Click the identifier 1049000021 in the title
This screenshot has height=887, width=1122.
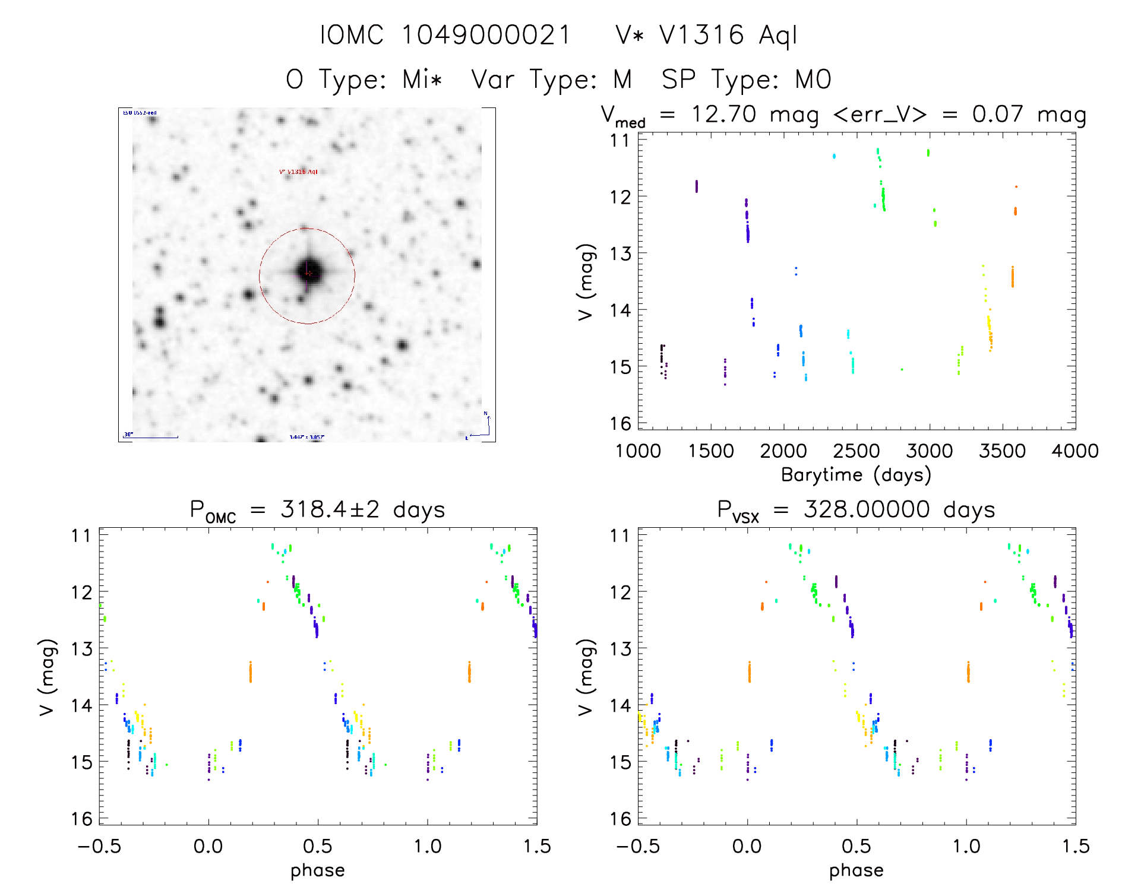(x=486, y=35)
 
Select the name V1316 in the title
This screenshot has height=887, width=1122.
(x=701, y=35)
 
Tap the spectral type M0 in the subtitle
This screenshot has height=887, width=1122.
(x=813, y=80)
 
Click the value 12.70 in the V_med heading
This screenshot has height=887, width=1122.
(x=723, y=114)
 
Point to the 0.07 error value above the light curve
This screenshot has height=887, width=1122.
(x=997, y=114)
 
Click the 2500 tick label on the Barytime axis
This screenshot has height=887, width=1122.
(x=856, y=451)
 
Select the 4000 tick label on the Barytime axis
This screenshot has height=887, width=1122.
(x=1075, y=451)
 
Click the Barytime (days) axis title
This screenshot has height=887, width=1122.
(x=856, y=475)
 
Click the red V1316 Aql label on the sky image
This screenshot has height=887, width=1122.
(x=298, y=172)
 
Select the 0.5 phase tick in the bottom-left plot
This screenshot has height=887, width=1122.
(x=318, y=846)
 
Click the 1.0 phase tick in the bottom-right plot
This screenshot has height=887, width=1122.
(x=966, y=846)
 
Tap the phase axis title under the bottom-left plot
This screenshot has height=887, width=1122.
(x=318, y=870)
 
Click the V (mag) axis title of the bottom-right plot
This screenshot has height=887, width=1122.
(x=586, y=677)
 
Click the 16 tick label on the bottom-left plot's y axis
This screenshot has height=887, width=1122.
(x=81, y=819)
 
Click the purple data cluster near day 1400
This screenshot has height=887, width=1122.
(x=697, y=186)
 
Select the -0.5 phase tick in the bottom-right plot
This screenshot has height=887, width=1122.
(x=637, y=846)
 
